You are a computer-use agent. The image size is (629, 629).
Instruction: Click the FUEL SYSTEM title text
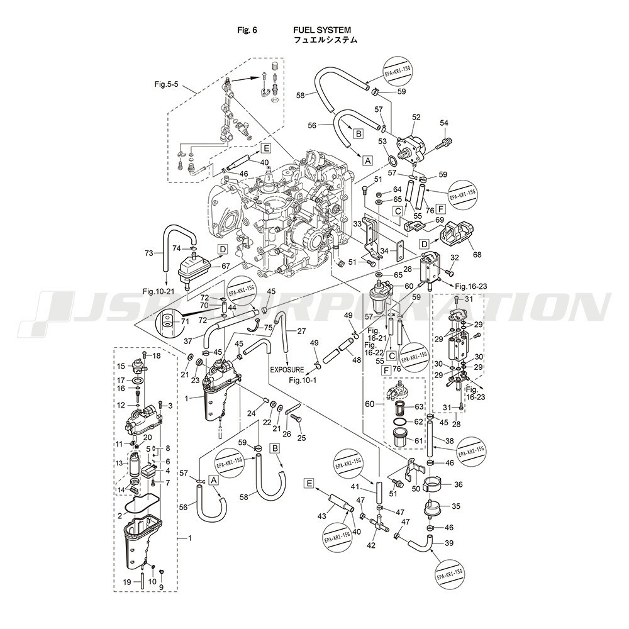click(x=321, y=30)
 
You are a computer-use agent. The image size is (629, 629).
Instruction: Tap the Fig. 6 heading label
click(x=247, y=30)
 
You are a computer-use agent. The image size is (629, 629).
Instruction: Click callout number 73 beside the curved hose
click(x=148, y=253)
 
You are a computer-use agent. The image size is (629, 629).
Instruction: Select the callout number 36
click(x=457, y=484)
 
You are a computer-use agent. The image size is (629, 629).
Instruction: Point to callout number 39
click(x=449, y=543)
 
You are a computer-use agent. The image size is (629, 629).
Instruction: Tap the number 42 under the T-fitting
click(x=371, y=545)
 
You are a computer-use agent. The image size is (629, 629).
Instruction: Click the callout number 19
click(x=127, y=582)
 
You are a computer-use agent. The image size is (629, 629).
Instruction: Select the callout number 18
click(x=157, y=356)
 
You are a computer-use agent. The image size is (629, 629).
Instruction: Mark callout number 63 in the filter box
click(x=419, y=407)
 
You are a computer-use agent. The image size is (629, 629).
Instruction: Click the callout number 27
click(x=301, y=331)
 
